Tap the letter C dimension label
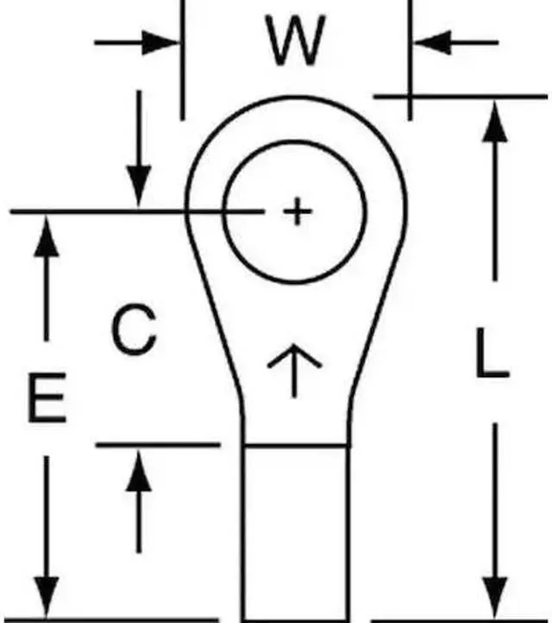(135, 331)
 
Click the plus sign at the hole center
(296, 211)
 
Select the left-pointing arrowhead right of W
(431, 41)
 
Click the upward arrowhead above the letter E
(46, 236)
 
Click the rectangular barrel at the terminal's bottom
(296, 531)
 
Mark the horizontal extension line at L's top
(461, 96)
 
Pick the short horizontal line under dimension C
(155, 445)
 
